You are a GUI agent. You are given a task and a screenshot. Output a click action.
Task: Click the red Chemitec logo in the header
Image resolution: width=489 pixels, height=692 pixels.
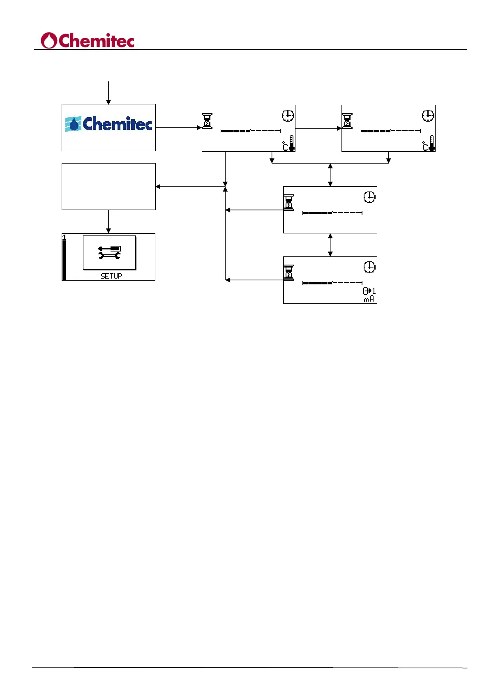[88, 41]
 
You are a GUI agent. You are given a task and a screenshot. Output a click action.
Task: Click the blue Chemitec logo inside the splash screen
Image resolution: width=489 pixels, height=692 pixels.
[108, 124]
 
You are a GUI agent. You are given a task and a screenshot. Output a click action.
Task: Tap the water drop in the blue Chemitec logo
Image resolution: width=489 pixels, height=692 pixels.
[74, 124]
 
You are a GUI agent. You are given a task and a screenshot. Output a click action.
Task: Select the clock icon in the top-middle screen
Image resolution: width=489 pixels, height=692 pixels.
[288, 115]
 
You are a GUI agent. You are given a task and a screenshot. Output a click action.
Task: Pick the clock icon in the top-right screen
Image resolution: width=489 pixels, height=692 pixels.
[428, 115]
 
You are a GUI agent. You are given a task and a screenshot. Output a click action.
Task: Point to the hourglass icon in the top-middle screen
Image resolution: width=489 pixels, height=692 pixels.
[208, 121]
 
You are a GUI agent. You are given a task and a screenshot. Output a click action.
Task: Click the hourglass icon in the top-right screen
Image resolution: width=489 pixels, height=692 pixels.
[348, 121]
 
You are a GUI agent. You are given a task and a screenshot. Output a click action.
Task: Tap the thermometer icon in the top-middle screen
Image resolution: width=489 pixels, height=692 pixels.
[291, 143]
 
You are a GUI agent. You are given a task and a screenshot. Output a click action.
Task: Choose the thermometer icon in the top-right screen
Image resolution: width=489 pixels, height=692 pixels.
[431, 143]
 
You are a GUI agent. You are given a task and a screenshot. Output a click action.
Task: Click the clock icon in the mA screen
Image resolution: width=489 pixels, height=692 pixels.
[369, 267]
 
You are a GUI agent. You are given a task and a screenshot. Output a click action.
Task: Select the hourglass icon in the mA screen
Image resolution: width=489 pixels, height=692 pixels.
[289, 272]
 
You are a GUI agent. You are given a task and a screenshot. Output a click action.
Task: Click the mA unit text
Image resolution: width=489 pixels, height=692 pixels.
[369, 299]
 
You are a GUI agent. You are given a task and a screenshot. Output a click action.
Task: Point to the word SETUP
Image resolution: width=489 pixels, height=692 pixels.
[111, 276]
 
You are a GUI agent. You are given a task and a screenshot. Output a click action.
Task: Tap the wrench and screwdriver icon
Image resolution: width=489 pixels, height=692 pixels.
[109, 252]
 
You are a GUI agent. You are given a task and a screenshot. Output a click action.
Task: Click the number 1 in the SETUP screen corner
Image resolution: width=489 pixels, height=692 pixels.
[64, 238]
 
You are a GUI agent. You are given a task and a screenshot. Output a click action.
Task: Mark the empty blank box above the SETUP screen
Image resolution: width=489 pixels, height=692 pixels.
[108, 187]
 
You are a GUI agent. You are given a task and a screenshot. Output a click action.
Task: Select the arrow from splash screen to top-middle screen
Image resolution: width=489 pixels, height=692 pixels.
[178, 128]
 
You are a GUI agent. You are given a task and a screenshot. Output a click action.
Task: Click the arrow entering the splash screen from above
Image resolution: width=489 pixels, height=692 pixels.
[108, 92]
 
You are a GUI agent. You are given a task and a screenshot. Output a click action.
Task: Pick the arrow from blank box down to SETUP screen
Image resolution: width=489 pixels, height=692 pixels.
[108, 221]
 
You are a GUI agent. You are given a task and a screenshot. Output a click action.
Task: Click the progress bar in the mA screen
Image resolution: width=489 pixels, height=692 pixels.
[332, 283]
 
